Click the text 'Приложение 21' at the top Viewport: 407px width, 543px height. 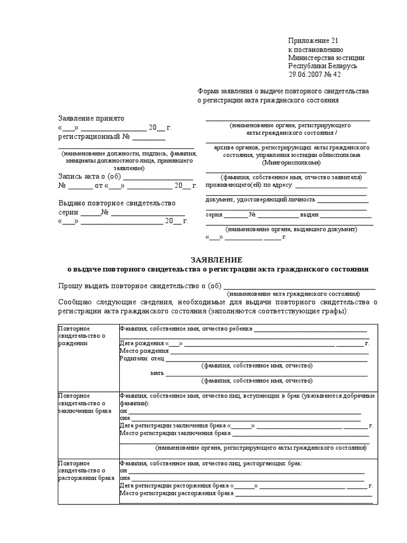[313, 41]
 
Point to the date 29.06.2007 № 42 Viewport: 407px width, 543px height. [315, 75]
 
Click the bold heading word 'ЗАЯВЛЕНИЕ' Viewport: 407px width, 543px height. [216, 260]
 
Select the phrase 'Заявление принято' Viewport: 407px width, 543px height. [91, 118]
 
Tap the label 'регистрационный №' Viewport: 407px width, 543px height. [94, 136]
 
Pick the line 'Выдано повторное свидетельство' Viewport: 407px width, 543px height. [117, 203]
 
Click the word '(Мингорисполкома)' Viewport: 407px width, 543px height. [288, 163]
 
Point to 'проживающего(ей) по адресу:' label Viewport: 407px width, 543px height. [249, 186]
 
